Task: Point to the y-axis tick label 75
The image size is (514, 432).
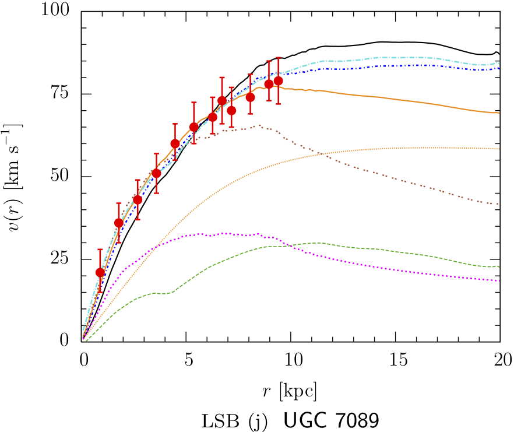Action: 62,94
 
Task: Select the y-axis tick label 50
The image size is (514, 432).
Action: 62,177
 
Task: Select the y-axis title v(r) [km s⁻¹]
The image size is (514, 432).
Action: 16,175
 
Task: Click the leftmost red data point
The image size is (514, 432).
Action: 100,272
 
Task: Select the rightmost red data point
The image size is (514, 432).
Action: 278,80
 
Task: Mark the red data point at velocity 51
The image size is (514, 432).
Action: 156,173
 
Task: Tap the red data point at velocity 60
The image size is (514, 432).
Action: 175,143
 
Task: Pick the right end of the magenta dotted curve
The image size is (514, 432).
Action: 499,280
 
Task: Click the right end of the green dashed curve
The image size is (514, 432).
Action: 499,267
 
